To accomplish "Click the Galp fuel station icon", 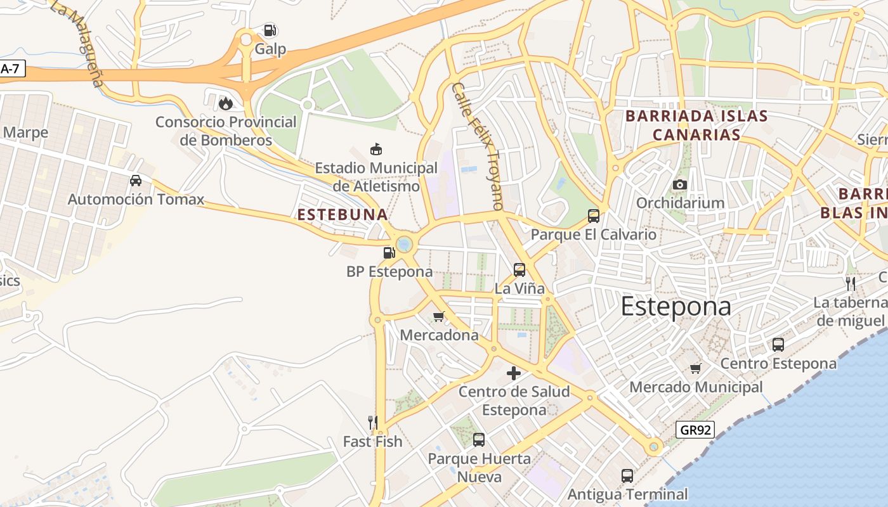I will [x=270, y=30].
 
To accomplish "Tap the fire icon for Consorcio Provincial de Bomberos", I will [x=225, y=103].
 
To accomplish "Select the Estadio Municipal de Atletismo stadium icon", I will [x=376, y=150].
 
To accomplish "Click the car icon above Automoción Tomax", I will [x=136, y=181].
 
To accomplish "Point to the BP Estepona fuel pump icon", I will [x=389, y=253].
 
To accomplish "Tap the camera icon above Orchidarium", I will [x=680, y=184].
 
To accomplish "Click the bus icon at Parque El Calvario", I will [x=594, y=216].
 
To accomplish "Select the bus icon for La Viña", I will [x=519, y=270].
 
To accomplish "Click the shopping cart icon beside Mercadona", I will [x=438, y=316].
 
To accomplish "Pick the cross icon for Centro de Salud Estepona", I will [x=514, y=373].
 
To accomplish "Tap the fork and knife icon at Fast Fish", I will [x=373, y=422].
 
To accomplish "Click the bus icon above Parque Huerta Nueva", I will [x=479, y=439].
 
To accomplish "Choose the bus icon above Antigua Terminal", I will [x=627, y=475].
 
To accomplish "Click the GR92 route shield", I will [x=695, y=430].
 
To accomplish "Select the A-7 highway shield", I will [x=11, y=69].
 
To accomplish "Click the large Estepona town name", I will [x=676, y=307].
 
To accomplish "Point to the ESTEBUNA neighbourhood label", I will [x=343, y=215].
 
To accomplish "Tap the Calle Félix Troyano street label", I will [x=477, y=146].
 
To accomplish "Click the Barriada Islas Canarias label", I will [x=696, y=125].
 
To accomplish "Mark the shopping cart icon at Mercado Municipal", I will [x=696, y=368].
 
